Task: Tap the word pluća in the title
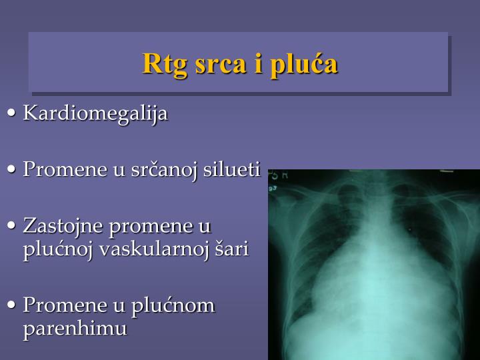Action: [303, 64]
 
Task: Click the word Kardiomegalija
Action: [95, 113]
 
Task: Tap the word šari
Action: [231, 250]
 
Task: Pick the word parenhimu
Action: [75, 329]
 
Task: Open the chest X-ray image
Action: [373, 265]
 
